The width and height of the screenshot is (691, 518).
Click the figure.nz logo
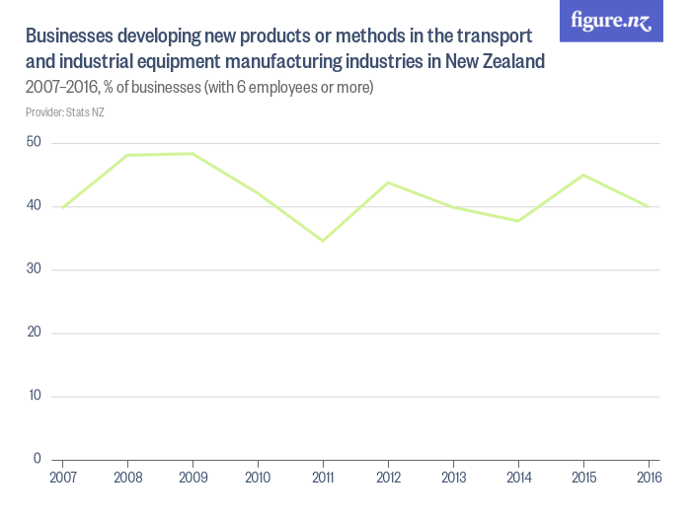611,21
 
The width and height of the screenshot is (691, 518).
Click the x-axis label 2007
62,478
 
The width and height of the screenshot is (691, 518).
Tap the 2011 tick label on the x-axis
323,478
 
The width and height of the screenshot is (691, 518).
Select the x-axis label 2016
648,478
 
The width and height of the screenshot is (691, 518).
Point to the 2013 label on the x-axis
453,478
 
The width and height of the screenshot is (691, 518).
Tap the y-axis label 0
37,459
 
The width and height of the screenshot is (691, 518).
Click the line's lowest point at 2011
323,241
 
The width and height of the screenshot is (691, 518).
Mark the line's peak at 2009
192,153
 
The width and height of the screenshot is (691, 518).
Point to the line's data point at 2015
583,175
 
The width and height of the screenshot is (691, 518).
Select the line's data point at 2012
388,183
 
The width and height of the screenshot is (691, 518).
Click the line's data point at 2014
518,221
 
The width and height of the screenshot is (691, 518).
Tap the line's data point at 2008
127,155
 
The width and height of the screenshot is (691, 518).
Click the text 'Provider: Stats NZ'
64,112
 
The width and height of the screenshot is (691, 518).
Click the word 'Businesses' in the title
68,37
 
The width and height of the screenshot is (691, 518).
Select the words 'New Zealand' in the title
494,62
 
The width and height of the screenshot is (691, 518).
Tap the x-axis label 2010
258,478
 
